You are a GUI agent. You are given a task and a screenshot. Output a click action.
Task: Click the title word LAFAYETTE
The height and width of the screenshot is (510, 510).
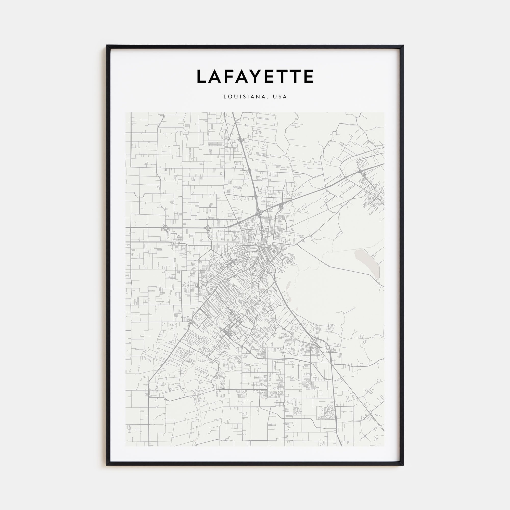(255, 76)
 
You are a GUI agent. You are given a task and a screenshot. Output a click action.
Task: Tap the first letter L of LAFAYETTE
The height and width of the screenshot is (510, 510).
(202, 76)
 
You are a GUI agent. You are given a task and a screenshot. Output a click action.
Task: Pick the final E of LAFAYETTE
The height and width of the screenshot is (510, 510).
(308, 76)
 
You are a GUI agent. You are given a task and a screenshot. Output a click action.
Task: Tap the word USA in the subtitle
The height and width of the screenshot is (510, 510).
(280, 97)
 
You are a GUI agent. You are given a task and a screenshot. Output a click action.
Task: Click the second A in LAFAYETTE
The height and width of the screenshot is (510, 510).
(242, 76)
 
